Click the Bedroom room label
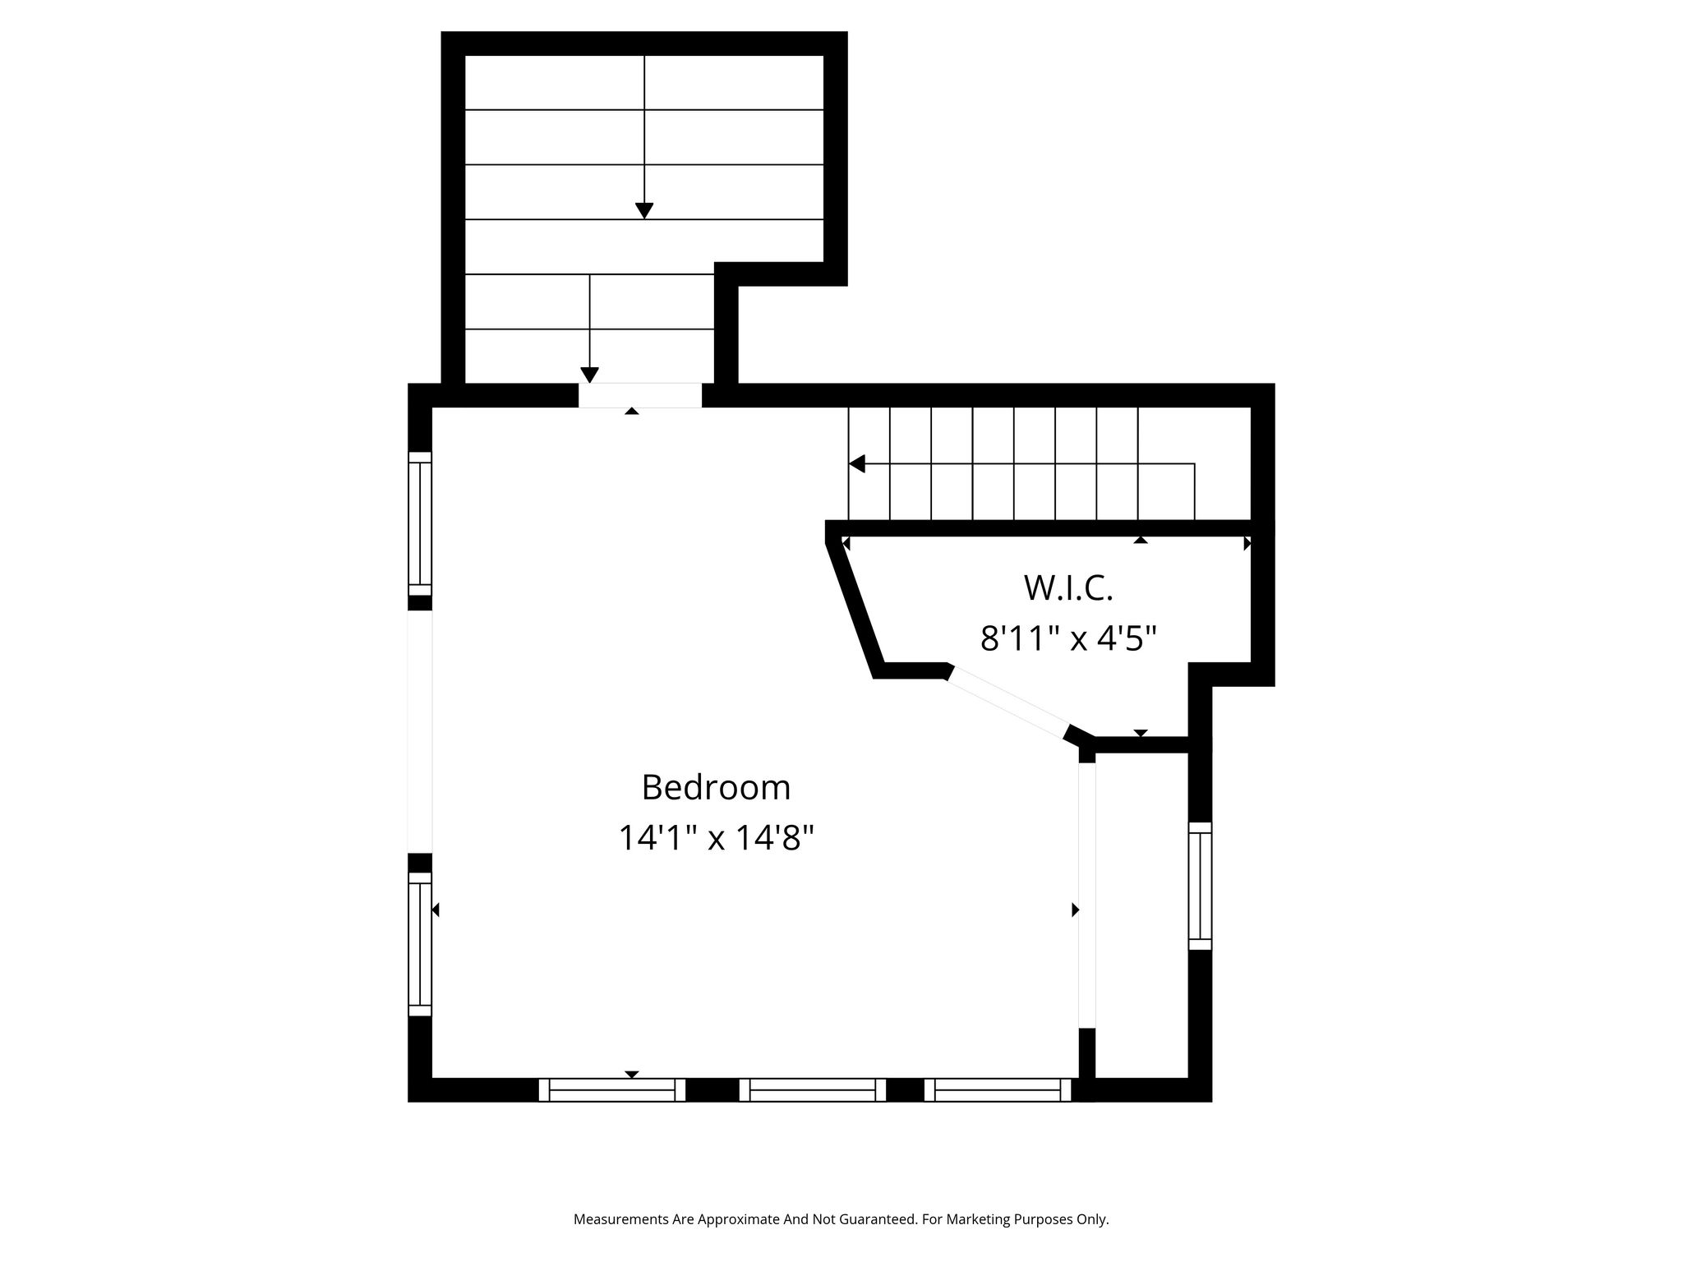click(716, 787)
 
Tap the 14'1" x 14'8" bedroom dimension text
click(716, 838)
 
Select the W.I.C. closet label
click(1068, 587)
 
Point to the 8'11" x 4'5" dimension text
click(1068, 638)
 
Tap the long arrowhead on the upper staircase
click(644, 211)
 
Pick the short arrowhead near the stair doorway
click(589, 375)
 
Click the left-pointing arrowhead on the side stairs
click(857, 464)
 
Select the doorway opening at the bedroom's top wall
click(640, 395)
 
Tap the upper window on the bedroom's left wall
click(420, 523)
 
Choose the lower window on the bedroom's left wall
click(420, 944)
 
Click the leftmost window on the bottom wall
click(611, 1089)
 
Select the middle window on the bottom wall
click(813, 1089)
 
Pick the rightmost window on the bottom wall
click(998, 1089)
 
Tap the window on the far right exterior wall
click(1200, 886)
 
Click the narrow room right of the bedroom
click(1142, 915)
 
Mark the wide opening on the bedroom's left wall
click(420, 732)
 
